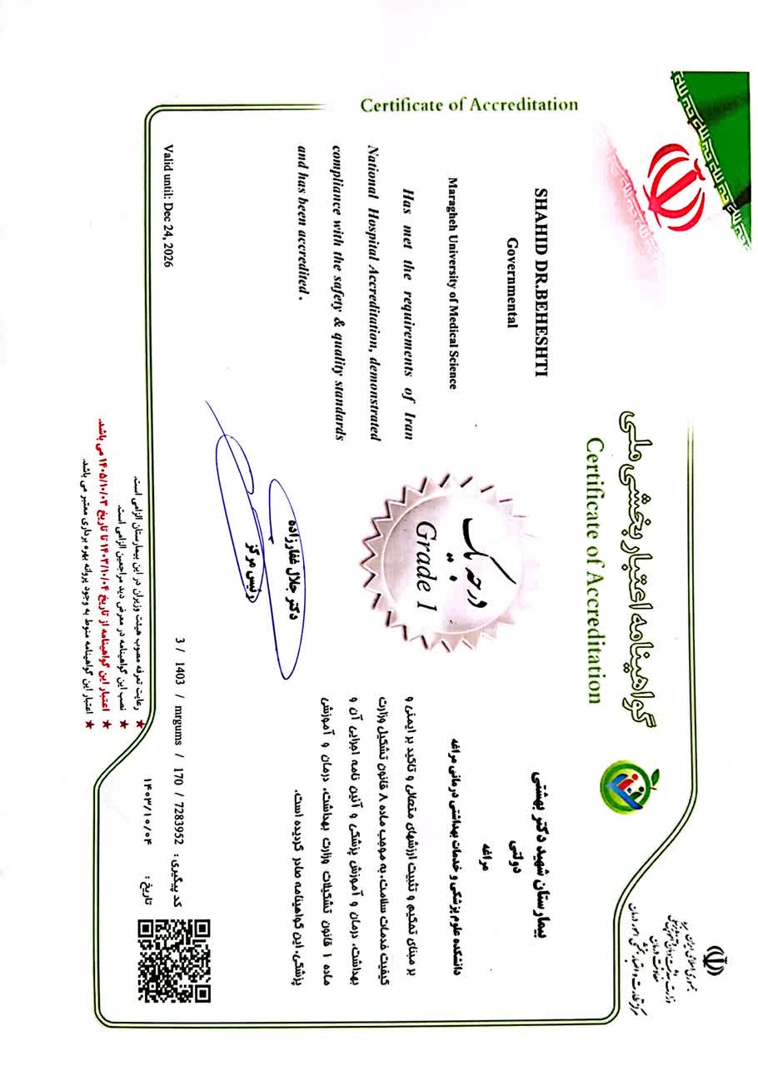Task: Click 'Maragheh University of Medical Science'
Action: (453, 284)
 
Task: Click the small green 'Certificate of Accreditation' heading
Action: (469, 105)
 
